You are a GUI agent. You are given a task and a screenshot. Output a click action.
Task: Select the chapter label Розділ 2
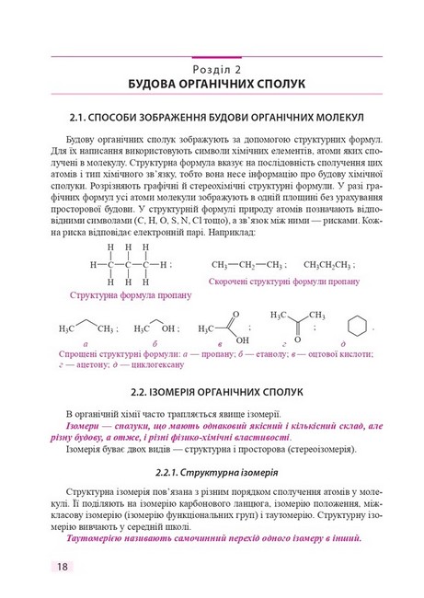click(212, 69)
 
